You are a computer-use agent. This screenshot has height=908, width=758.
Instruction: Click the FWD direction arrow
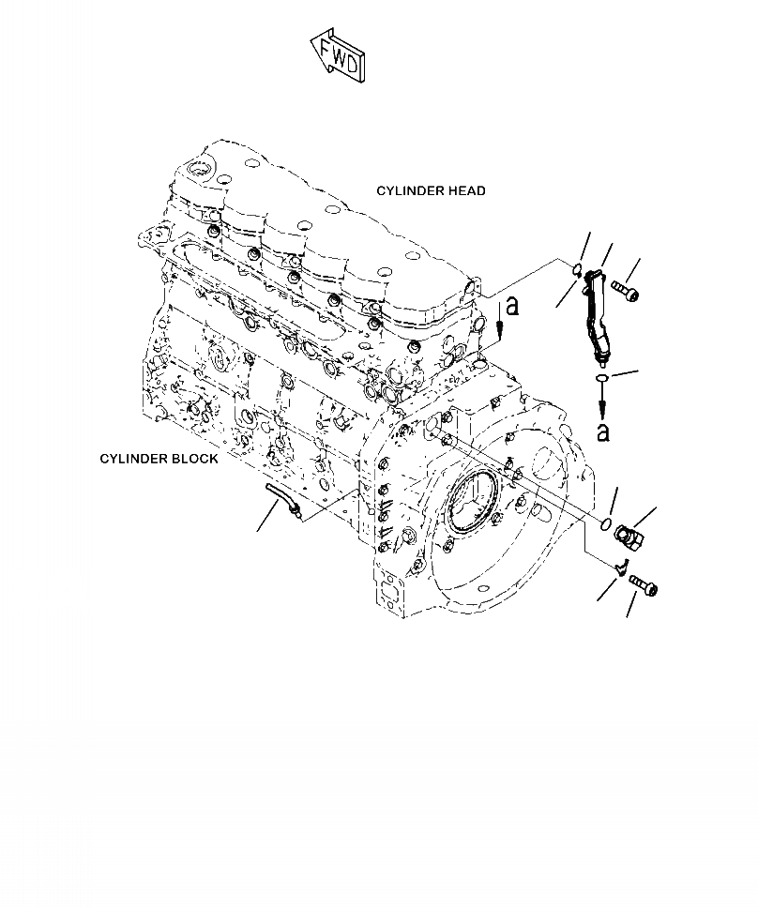(340, 57)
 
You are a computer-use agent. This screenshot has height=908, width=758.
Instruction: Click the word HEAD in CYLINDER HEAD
(465, 191)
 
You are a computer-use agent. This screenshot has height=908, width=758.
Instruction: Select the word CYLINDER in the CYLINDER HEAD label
(409, 191)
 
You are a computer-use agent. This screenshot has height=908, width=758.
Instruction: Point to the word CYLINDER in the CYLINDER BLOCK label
(134, 460)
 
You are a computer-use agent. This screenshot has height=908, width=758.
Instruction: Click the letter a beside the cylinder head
(510, 307)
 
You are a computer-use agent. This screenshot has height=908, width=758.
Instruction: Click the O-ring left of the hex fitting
(607, 522)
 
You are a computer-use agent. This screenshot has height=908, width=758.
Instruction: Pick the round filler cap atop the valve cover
(200, 171)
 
